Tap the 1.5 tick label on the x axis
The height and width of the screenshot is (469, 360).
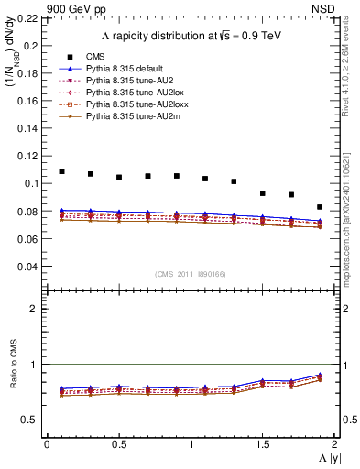pyautogui.click(x=263, y=443)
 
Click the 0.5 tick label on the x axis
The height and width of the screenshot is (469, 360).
pyautogui.click(x=119, y=443)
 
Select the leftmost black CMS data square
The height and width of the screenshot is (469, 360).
pyautogui.click(x=61, y=171)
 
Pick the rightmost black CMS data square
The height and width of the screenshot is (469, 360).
pyautogui.click(x=320, y=207)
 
